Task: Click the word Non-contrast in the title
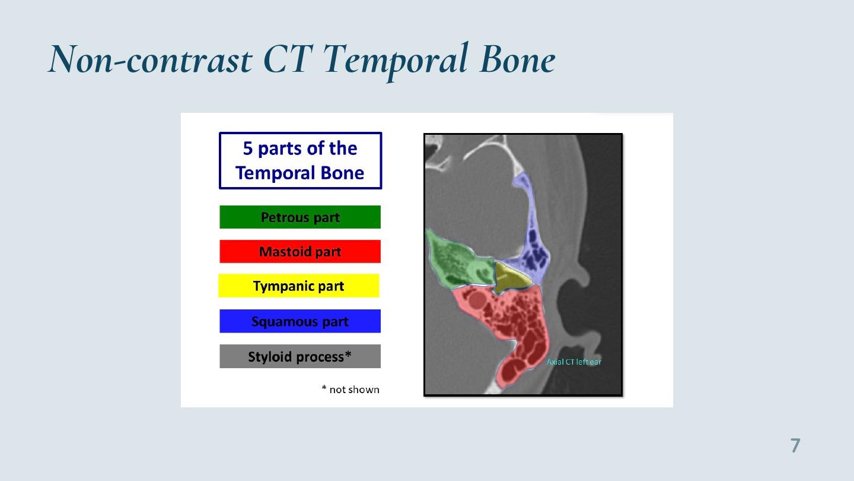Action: (x=150, y=59)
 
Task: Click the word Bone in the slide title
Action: (x=517, y=59)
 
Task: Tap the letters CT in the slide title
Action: (x=288, y=59)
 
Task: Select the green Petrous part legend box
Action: (x=300, y=217)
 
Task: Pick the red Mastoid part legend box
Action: (x=300, y=252)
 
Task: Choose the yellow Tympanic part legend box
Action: (x=299, y=286)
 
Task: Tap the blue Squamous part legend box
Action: (x=300, y=321)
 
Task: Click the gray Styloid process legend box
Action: (x=300, y=356)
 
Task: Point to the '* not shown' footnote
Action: (x=350, y=390)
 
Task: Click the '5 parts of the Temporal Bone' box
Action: (x=301, y=161)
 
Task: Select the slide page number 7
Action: (x=795, y=445)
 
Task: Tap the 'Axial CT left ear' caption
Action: (x=574, y=362)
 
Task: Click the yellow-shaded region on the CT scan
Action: (x=510, y=278)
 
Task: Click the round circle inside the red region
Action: (x=477, y=300)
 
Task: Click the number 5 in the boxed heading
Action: (x=248, y=148)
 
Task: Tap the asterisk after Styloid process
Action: (x=348, y=355)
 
